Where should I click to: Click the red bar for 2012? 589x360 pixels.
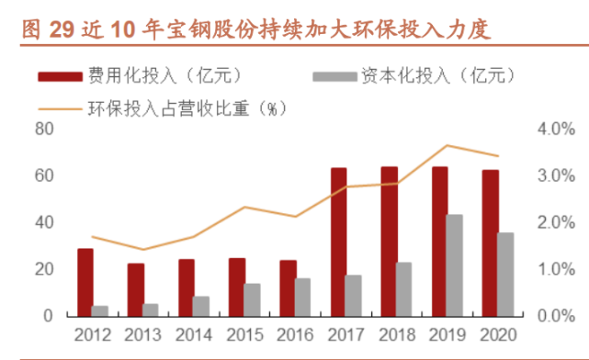tap(85, 282)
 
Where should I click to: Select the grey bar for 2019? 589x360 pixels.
tap(454, 265)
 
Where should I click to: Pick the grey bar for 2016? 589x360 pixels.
tap(302, 297)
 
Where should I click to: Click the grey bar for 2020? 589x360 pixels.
tap(504, 275)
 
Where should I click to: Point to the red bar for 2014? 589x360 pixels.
tap(187, 287)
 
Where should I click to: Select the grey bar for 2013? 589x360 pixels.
tap(151, 309)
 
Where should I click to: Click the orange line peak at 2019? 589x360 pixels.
tap(447, 145)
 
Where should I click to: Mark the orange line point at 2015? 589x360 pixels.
tap(244, 207)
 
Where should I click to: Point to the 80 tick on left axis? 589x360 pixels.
tap(44, 129)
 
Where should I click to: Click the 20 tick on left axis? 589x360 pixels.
tap(44, 269)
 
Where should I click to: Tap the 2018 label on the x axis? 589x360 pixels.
tap(395, 335)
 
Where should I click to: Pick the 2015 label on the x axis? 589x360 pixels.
tap(244, 335)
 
